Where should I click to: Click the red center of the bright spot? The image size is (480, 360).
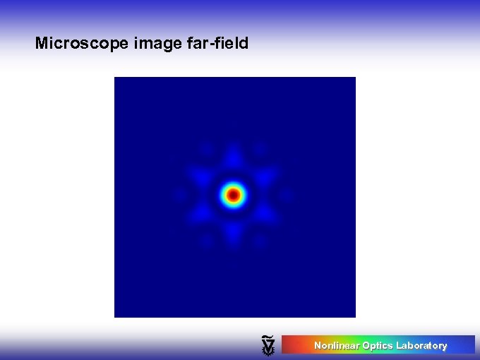pyautogui.click(x=234, y=194)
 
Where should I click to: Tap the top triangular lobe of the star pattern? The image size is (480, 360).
pyautogui.click(x=234, y=157)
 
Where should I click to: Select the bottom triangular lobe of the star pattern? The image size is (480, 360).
pyautogui.click(x=234, y=232)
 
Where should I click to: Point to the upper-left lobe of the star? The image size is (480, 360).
pyautogui.click(x=201, y=175)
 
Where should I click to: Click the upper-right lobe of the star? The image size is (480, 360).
pyautogui.click(x=266, y=175)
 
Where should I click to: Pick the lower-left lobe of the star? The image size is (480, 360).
pyautogui.click(x=201, y=213)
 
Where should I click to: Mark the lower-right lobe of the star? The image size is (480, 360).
pyautogui.click(x=266, y=213)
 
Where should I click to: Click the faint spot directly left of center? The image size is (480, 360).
pyautogui.click(x=179, y=194)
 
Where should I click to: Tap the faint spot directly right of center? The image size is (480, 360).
pyautogui.click(x=287, y=194)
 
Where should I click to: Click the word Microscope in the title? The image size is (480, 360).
pyautogui.click(x=81, y=44)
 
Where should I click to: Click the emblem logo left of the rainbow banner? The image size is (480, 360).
pyautogui.click(x=268, y=344)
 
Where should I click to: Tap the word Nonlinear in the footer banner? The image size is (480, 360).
pyautogui.click(x=336, y=346)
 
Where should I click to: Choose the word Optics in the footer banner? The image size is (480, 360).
pyautogui.click(x=377, y=346)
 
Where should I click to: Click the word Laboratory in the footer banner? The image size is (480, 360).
pyautogui.click(x=421, y=346)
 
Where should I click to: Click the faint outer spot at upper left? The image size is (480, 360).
pyautogui.click(x=207, y=148)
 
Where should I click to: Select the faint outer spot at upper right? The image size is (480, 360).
pyautogui.click(x=260, y=148)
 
